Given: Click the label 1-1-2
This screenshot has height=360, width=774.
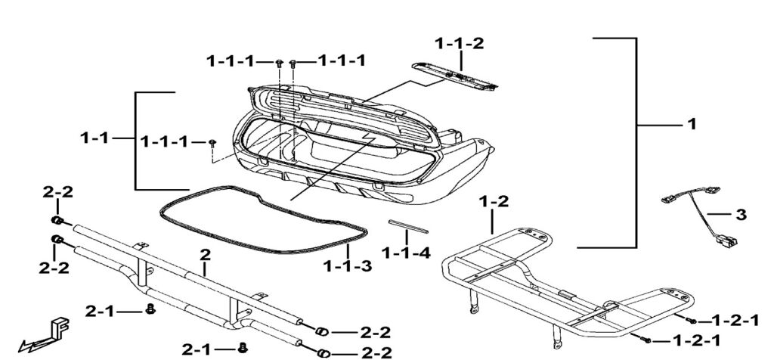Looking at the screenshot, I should click(460, 43).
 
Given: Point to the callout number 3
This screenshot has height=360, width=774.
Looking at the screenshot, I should click(741, 215).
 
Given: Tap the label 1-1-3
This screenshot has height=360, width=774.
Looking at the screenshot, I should click(347, 265).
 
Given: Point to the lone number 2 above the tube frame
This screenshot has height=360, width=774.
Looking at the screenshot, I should click(203, 256).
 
